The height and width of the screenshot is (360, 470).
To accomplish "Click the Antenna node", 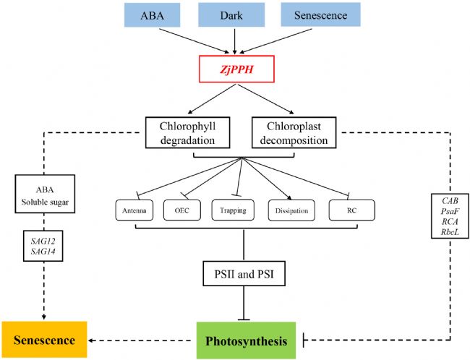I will [x=135, y=211].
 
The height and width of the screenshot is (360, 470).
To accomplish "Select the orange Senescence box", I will [x=43, y=339].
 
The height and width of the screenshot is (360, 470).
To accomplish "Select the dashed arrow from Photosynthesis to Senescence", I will [x=141, y=339].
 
